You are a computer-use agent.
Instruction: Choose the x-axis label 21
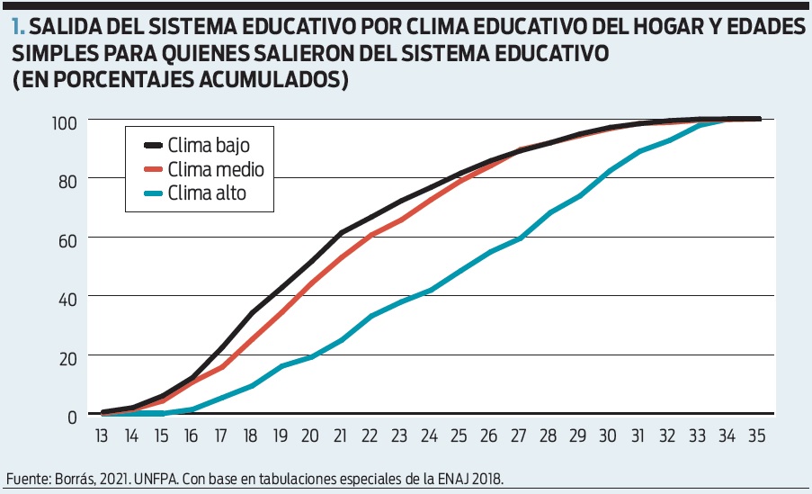point(341,434)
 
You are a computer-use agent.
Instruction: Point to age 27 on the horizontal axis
point(517,434)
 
